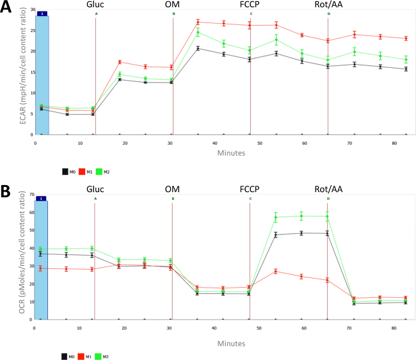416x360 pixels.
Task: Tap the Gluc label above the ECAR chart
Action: click(x=95, y=5)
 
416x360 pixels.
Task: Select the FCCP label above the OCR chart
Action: click(x=250, y=190)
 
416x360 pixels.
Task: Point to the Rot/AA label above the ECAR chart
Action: click(x=328, y=5)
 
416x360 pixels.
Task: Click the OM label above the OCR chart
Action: click(x=173, y=190)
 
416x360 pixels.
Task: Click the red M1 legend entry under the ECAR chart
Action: click(x=87, y=171)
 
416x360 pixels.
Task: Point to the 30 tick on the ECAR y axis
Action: click(x=29, y=11)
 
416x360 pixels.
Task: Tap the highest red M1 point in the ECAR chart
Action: click(x=198, y=22)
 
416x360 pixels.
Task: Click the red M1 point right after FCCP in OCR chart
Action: click(x=276, y=271)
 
